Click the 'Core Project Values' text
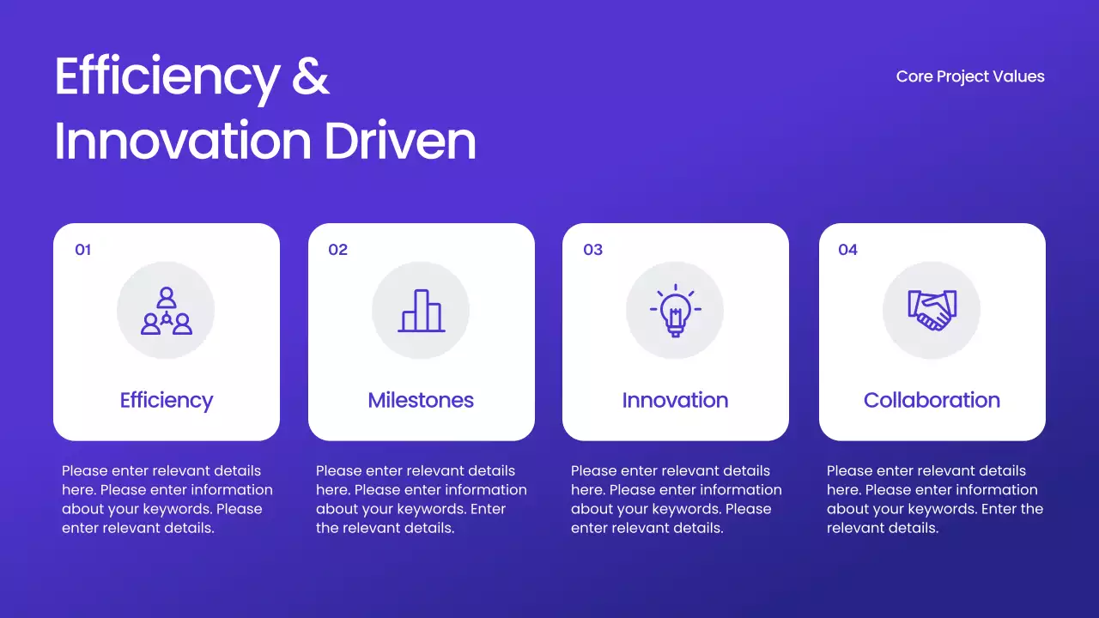pyautogui.click(x=970, y=76)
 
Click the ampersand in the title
pyautogui.click(x=311, y=76)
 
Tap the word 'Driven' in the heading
pyautogui.click(x=400, y=141)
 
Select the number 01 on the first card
pyautogui.click(x=83, y=250)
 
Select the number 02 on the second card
pyautogui.click(x=337, y=250)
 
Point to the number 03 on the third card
pyautogui.click(x=592, y=250)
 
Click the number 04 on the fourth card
pyautogui.click(x=847, y=250)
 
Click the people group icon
pyautogui.click(x=166, y=311)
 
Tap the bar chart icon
pyautogui.click(x=421, y=311)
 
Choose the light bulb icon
pyautogui.click(x=675, y=311)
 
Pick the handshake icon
pyautogui.click(x=932, y=311)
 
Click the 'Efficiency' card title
pyautogui.click(x=166, y=400)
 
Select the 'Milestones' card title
pyautogui.click(x=421, y=400)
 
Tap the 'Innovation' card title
pyautogui.click(x=675, y=400)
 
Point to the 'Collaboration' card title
pyautogui.click(x=932, y=400)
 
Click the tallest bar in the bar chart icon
pyautogui.click(x=422, y=311)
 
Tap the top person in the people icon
pyautogui.click(x=167, y=297)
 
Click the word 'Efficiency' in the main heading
pyautogui.click(x=167, y=76)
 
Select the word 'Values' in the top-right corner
pyautogui.click(x=1019, y=76)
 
